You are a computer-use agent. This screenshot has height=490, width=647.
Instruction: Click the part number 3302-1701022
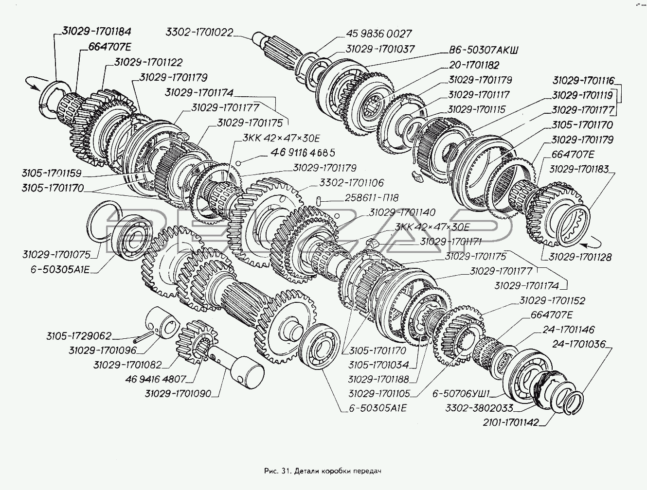coord(199,33)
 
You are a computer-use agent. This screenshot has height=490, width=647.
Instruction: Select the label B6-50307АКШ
coord(484,50)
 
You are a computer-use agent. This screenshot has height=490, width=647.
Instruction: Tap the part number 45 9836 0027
coord(379,34)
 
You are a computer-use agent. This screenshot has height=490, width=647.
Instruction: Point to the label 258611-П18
coord(371,198)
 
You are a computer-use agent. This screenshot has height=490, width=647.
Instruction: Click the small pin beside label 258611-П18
coord(319,200)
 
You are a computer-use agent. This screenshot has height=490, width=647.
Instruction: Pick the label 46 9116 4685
coord(303,153)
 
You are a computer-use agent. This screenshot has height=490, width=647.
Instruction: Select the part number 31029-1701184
coord(96,32)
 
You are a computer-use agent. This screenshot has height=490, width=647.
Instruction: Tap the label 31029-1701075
coord(56,255)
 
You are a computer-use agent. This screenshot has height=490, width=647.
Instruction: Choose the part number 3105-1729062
coord(79,336)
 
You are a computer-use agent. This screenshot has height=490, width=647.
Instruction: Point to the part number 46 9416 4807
coord(156,379)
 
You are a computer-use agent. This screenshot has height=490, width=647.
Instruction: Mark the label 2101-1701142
coord(510,422)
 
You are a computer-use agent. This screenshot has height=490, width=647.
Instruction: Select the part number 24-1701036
coord(578,344)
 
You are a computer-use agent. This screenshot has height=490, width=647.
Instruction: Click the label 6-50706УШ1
coord(461,393)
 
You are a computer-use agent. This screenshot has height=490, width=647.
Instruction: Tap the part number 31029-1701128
coord(580,257)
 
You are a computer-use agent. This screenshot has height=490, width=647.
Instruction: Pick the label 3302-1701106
coord(351,183)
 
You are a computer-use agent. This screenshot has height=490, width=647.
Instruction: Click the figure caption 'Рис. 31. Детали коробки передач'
coord(323,471)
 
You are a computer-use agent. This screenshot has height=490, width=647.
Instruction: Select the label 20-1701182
coord(474,65)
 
